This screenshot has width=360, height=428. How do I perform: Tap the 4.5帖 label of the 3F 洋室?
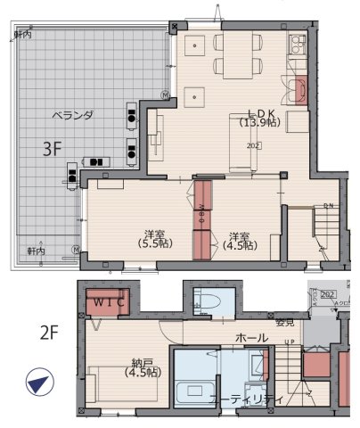240,244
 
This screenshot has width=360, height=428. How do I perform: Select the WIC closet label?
107,301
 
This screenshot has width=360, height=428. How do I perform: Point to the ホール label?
252,338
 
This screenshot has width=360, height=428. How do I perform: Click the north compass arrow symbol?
37,384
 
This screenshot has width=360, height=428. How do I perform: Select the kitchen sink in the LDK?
299,90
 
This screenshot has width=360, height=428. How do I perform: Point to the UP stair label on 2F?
290,342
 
